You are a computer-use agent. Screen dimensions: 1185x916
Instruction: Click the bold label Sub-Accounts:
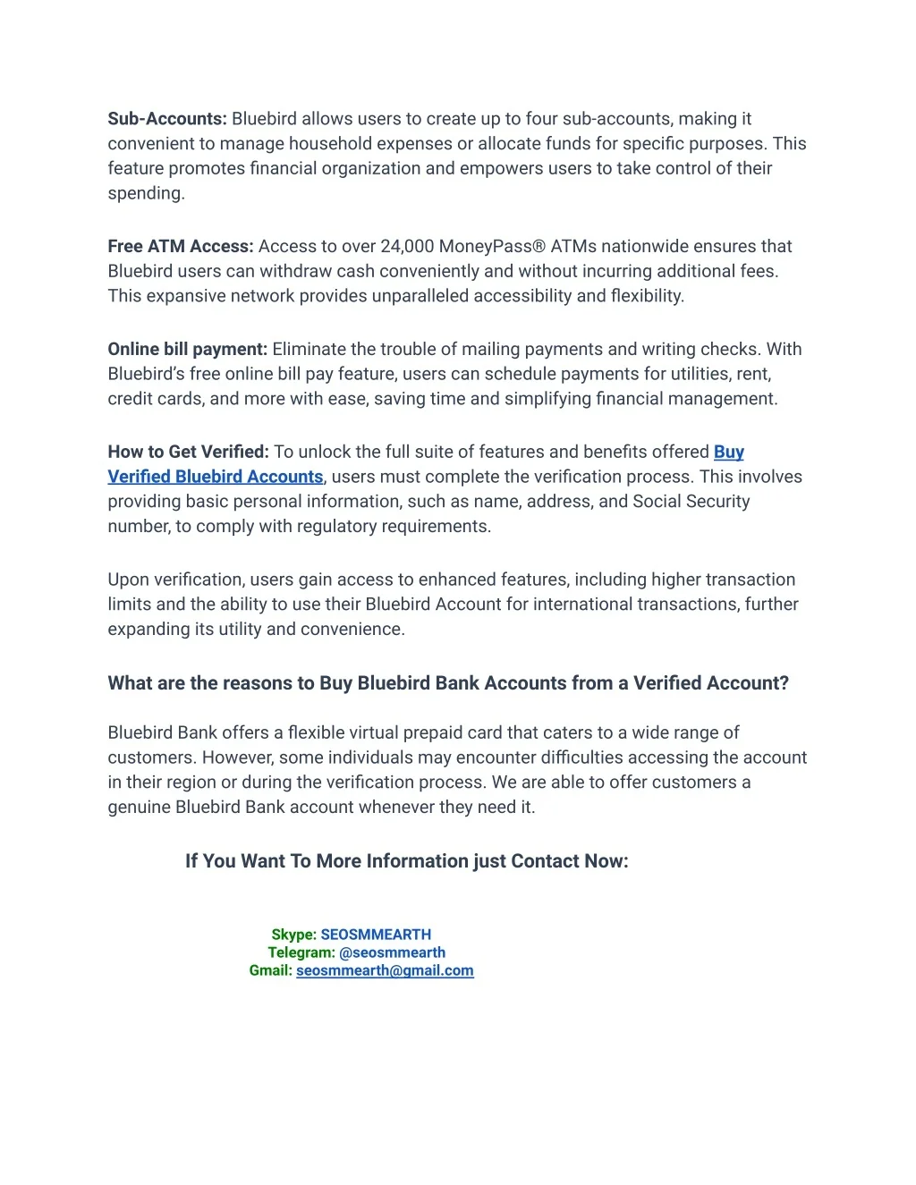[x=167, y=119]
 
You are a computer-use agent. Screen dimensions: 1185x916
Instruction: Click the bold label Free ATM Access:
[x=181, y=246]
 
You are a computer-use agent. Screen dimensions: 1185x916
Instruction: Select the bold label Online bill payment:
[x=188, y=349]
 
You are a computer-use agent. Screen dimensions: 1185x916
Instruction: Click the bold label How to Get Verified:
[x=188, y=452]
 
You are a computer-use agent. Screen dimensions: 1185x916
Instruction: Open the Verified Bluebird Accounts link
[x=216, y=477]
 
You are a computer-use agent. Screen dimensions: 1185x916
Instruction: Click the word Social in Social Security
[x=657, y=501]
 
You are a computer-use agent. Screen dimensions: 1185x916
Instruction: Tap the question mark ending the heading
[x=784, y=683]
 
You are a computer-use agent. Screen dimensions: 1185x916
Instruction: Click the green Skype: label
[x=293, y=935]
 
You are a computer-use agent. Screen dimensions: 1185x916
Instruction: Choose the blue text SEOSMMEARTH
[x=376, y=935]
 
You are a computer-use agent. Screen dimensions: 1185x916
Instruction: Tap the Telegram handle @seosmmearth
[x=392, y=952]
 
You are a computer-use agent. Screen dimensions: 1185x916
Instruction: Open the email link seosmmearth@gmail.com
[x=385, y=970]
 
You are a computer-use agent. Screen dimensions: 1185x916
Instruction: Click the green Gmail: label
[x=270, y=970]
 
